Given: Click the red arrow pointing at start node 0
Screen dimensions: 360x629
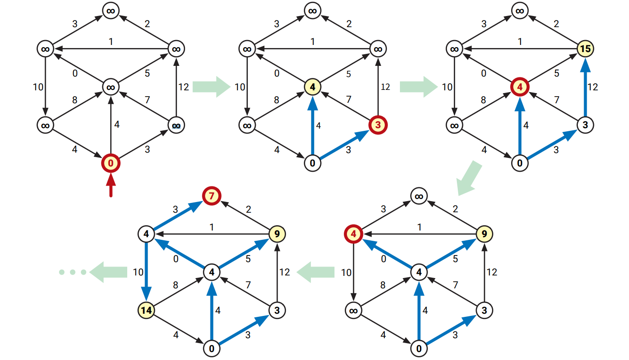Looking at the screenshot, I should click(x=111, y=187).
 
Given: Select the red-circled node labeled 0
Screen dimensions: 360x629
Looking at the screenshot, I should click(x=111, y=164).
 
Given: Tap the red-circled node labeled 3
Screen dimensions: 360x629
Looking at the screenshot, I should click(x=378, y=125).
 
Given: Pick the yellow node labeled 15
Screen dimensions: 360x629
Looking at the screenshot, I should click(x=585, y=48).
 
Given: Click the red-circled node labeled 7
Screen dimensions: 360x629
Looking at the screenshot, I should click(x=211, y=195).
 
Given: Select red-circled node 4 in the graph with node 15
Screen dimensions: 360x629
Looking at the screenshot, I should click(x=519, y=87).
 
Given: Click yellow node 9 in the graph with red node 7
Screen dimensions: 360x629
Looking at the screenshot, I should click(x=277, y=233).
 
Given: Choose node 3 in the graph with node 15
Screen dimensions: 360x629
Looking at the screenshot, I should click(x=585, y=125).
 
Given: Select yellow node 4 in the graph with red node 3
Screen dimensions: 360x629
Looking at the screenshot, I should click(x=313, y=87).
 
